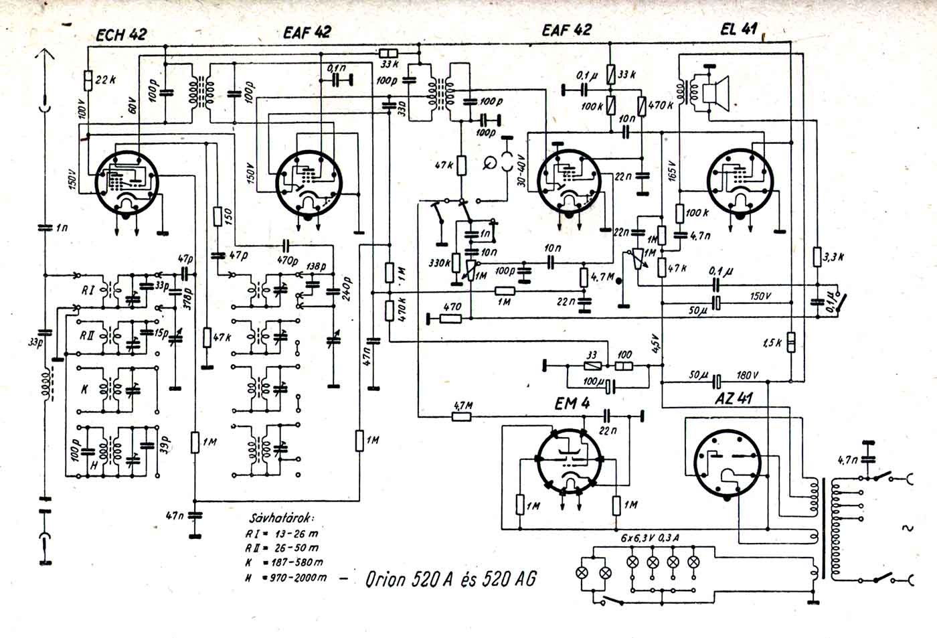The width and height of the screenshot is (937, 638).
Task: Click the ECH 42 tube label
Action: click(x=121, y=35)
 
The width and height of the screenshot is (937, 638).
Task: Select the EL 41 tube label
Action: click(x=739, y=29)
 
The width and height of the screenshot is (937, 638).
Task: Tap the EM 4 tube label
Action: click(x=572, y=404)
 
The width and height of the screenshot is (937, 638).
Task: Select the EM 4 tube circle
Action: click(x=571, y=462)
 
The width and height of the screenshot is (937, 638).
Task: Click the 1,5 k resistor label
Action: click(x=772, y=342)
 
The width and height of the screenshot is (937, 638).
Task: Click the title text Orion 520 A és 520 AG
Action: click(x=450, y=578)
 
